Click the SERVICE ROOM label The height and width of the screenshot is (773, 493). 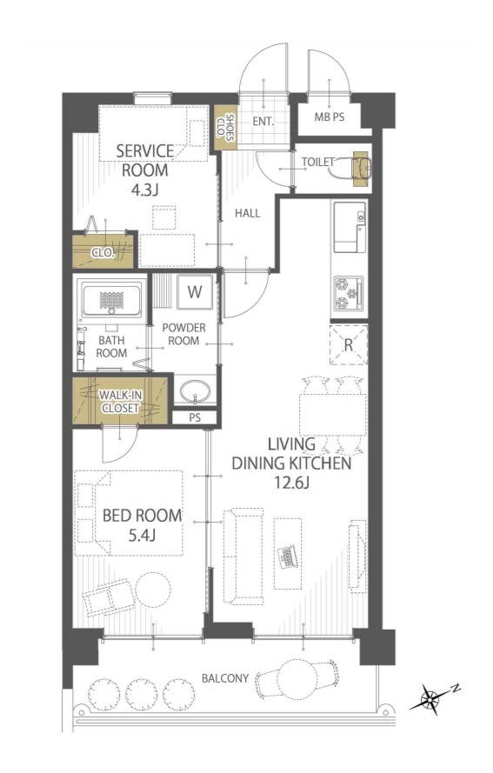(x=145, y=160)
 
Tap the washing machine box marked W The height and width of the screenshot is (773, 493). (x=195, y=292)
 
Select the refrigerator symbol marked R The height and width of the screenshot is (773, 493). (x=349, y=344)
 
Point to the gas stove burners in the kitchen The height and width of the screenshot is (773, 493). (x=349, y=293)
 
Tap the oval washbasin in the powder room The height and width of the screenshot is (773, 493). (x=196, y=392)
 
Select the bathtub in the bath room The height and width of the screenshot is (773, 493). (x=112, y=300)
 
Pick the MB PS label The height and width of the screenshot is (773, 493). (x=330, y=117)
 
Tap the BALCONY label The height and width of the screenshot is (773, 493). (x=225, y=678)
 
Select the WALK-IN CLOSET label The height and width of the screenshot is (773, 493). (x=120, y=402)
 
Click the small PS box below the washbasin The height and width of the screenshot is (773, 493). (x=195, y=417)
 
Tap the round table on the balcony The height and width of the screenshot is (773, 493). (x=295, y=678)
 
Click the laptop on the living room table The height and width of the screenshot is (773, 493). (x=288, y=556)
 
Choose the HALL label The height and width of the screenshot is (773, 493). (x=247, y=213)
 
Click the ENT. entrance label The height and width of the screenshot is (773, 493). (x=263, y=121)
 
